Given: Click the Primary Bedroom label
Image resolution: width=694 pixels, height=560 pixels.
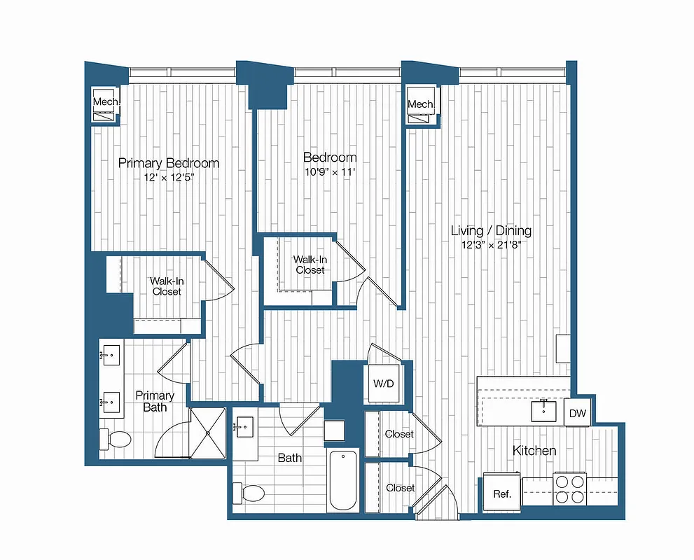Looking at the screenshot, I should (x=168, y=163).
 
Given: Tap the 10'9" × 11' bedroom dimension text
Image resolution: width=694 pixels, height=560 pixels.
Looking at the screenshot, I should (x=329, y=171).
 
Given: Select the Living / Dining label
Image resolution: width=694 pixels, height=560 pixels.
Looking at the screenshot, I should (x=490, y=230).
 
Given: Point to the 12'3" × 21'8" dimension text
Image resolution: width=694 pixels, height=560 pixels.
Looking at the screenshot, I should (x=490, y=245).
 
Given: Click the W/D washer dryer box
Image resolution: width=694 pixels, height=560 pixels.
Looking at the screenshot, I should (x=383, y=384).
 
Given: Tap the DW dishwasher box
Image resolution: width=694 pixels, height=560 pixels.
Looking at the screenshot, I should (x=577, y=414).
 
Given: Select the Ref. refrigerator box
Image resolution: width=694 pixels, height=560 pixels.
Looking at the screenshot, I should (x=502, y=493).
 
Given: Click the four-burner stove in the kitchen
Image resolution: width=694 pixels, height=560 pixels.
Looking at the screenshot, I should (x=569, y=489).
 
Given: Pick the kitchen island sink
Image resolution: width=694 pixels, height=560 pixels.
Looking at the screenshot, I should (x=543, y=410).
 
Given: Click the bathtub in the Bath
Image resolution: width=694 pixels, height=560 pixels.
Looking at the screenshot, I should (x=343, y=481).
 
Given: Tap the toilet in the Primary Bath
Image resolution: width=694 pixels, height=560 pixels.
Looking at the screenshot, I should (x=116, y=440).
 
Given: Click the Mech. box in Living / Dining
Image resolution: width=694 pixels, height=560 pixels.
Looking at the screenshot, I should (x=422, y=104).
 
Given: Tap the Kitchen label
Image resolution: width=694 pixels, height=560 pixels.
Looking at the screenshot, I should (x=534, y=451).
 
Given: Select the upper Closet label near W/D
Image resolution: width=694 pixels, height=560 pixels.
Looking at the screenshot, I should (x=399, y=434).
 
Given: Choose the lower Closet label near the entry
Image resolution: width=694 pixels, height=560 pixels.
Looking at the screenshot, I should (x=400, y=487).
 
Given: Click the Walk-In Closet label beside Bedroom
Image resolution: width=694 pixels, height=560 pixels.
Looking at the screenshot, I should (x=310, y=264).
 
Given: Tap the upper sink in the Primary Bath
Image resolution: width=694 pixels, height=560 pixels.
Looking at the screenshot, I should (x=109, y=356).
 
